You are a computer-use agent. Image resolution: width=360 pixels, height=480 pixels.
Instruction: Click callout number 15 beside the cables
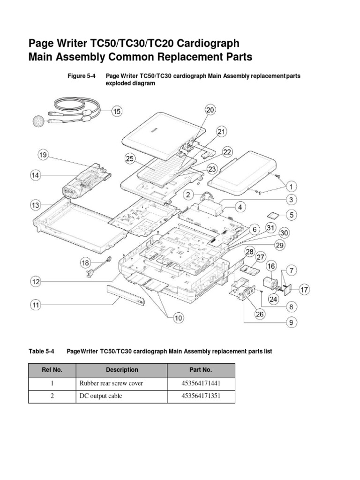click(x=116, y=111)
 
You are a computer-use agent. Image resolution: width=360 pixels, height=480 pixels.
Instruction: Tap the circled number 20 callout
click(x=210, y=110)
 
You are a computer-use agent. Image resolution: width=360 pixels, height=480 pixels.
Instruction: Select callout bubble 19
click(x=43, y=155)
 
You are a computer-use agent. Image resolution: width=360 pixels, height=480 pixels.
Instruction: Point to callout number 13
click(x=36, y=205)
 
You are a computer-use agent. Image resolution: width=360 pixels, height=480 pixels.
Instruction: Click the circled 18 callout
click(x=85, y=263)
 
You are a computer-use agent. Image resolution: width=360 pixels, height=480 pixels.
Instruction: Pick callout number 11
click(x=36, y=305)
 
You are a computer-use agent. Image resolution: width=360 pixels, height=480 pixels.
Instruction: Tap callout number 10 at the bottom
click(x=178, y=318)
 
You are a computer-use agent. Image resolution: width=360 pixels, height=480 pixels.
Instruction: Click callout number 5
click(x=291, y=215)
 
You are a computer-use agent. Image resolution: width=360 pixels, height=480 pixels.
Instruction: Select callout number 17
click(x=304, y=290)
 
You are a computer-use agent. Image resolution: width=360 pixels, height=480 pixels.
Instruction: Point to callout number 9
click(x=291, y=322)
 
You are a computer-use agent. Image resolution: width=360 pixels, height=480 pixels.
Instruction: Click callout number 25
click(x=129, y=159)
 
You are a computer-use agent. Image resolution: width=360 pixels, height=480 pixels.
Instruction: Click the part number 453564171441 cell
click(x=201, y=383)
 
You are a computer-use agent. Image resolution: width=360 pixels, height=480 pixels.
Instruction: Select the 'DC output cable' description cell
click(x=101, y=396)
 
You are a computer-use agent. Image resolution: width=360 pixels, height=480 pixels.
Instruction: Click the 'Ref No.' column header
click(x=52, y=370)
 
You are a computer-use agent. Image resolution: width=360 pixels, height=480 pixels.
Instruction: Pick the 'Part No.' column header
click(x=201, y=370)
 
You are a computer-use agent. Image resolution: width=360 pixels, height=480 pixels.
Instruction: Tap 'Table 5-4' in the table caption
click(x=42, y=351)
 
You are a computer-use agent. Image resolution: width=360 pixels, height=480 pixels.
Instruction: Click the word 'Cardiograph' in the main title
click(x=207, y=44)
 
